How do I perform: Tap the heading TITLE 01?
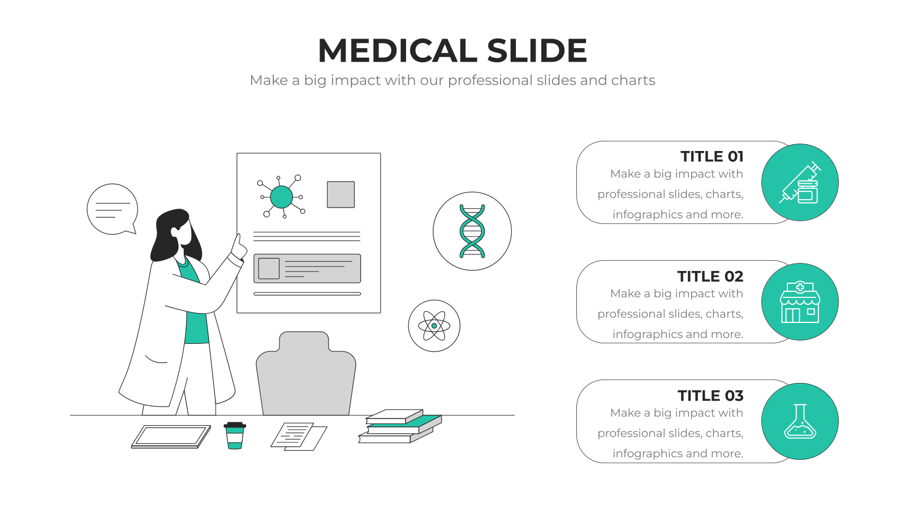[712, 156]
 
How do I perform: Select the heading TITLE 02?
[710, 277]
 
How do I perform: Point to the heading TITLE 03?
[710, 396]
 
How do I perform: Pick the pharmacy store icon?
[800, 302]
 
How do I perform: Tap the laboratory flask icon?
[800, 421]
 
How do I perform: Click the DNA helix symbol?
[472, 231]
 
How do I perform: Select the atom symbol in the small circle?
[434, 326]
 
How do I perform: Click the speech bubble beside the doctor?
[113, 209]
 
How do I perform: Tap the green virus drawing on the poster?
[281, 197]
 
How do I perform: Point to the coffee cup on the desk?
[235, 435]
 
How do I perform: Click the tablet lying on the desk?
[171, 437]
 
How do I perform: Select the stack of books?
[400, 426]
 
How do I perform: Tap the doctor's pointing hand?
[239, 247]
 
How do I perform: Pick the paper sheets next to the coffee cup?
[299, 436]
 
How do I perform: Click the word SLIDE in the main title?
[537, 50]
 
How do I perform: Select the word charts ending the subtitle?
[633, 80]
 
